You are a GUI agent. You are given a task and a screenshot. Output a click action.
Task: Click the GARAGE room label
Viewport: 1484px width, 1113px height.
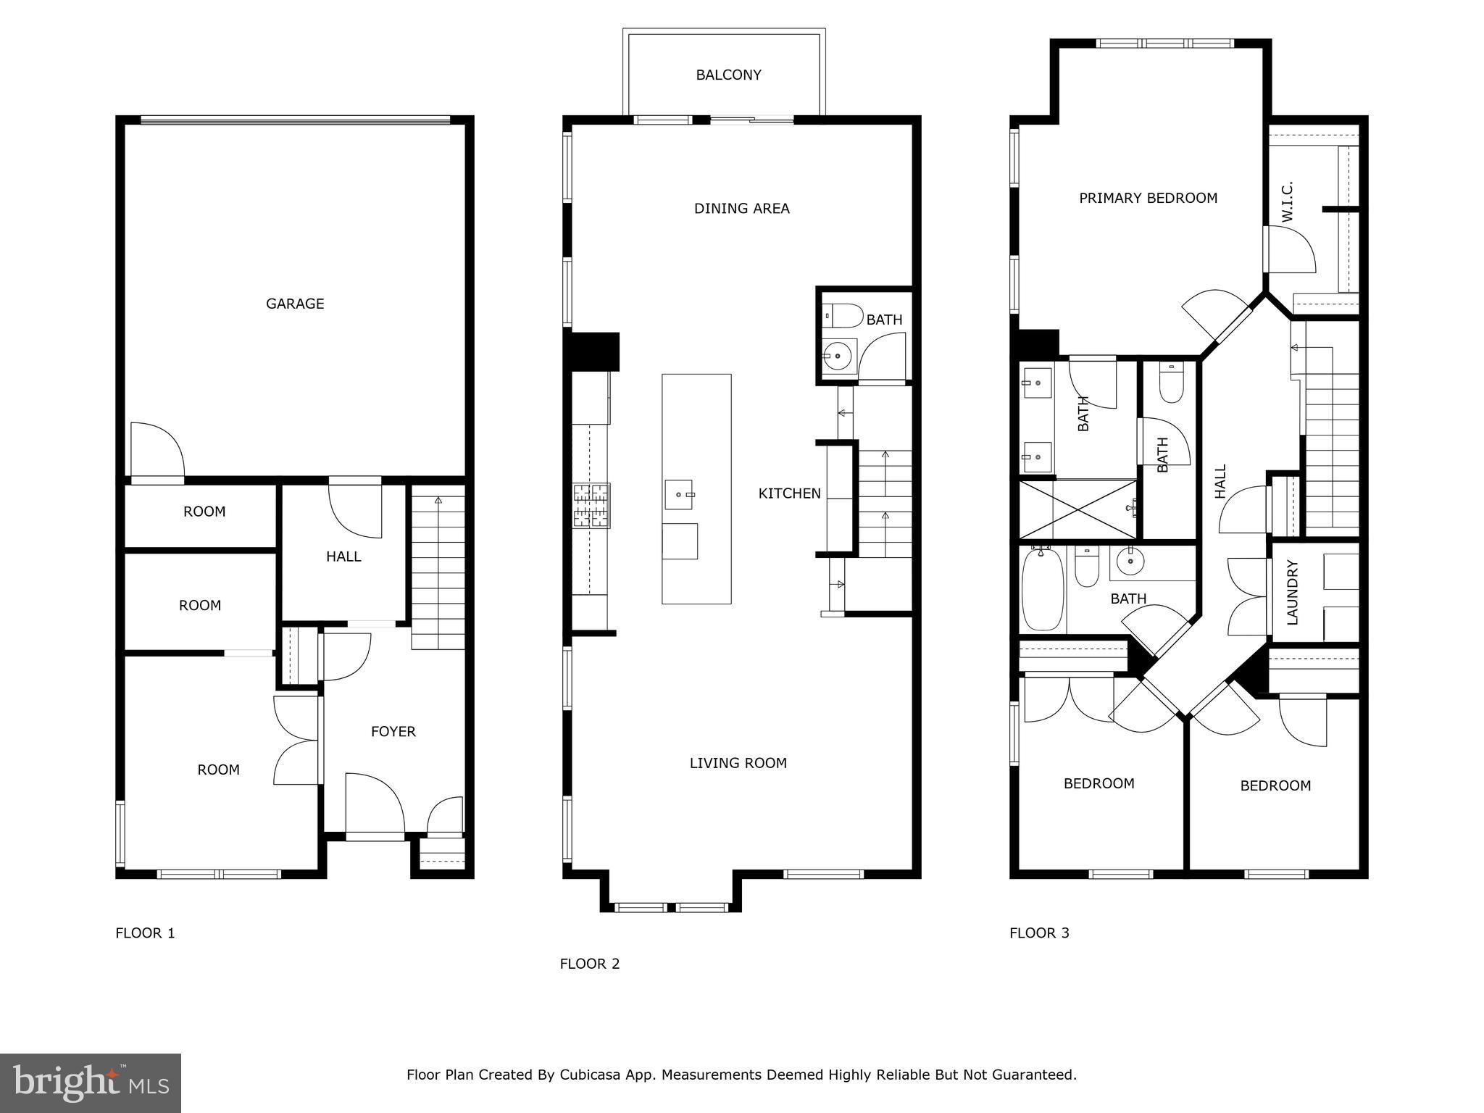tap(295, 304)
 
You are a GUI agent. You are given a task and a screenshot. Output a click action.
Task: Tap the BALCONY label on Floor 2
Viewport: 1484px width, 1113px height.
tap(728, 75)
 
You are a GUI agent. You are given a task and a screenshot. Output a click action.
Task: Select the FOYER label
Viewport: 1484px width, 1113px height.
tap(393, 731)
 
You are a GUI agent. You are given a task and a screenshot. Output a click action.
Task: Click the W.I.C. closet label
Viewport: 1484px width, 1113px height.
tap(1287, 202)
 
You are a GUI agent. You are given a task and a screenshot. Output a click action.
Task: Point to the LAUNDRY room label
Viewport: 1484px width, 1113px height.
tap(1292, 592)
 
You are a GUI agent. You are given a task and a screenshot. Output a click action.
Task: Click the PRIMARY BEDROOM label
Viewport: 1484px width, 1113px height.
tap(1148, 198)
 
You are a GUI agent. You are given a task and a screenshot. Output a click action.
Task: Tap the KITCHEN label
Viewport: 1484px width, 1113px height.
tap(789, 493)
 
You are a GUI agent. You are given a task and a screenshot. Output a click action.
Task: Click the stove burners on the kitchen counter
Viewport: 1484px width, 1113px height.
tap(591, 505)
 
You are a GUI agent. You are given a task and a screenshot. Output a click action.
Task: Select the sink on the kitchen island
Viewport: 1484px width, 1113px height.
tap(679, 495)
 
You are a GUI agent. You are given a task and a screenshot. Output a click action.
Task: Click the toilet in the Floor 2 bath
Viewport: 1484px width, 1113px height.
tap(843, 316)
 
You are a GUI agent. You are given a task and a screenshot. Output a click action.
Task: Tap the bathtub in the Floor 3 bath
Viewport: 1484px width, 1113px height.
tap(1042, 590)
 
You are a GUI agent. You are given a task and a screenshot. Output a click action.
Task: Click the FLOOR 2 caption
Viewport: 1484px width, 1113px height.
tap(589, 964)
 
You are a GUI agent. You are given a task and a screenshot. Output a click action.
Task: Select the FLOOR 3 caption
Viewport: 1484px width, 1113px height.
tap(1039, 933)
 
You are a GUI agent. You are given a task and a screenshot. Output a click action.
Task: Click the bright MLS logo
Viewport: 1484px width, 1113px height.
tap(91, 1083)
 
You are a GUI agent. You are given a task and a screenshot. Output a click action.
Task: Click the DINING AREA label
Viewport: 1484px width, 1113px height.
tap(741, 209)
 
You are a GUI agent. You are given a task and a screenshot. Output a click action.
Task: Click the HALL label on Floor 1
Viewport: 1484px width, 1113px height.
tap(343, 556)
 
